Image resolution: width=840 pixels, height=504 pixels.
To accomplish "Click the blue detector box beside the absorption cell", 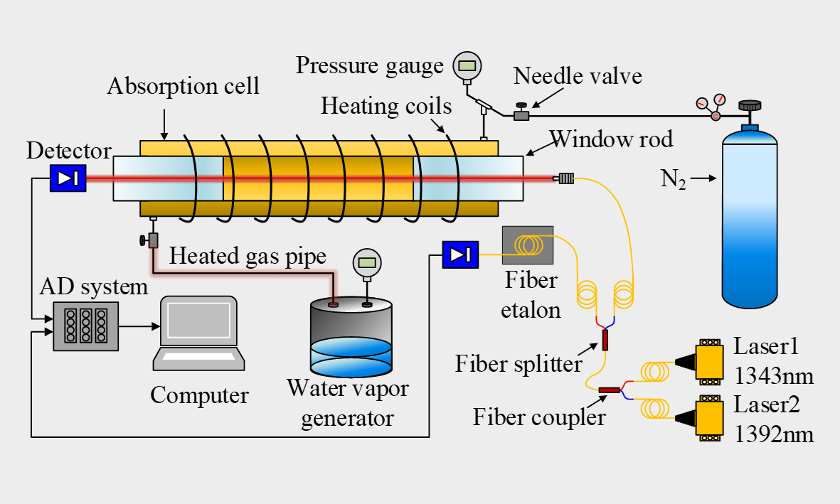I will (x=68, y=178).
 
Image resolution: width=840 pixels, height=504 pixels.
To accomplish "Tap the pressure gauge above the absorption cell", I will (x=467, y=66).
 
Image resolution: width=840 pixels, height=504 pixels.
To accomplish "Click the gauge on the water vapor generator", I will (x=367, y=262).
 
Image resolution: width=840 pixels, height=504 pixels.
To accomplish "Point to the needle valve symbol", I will (x=522, y=114).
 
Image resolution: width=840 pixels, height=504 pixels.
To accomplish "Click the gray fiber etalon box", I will (x=527, y=245).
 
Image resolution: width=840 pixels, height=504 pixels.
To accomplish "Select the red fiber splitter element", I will (x=605, y=340).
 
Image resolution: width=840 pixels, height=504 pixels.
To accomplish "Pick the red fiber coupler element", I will (x=610, y=390).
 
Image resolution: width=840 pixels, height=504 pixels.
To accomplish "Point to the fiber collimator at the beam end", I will (x=565, y=178).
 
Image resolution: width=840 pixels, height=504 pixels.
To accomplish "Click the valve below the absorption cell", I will (x=152, y=240).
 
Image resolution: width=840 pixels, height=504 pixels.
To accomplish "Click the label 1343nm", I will (x=773, y=375).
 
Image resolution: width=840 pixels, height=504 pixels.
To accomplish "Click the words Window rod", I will (x=610, y=139).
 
